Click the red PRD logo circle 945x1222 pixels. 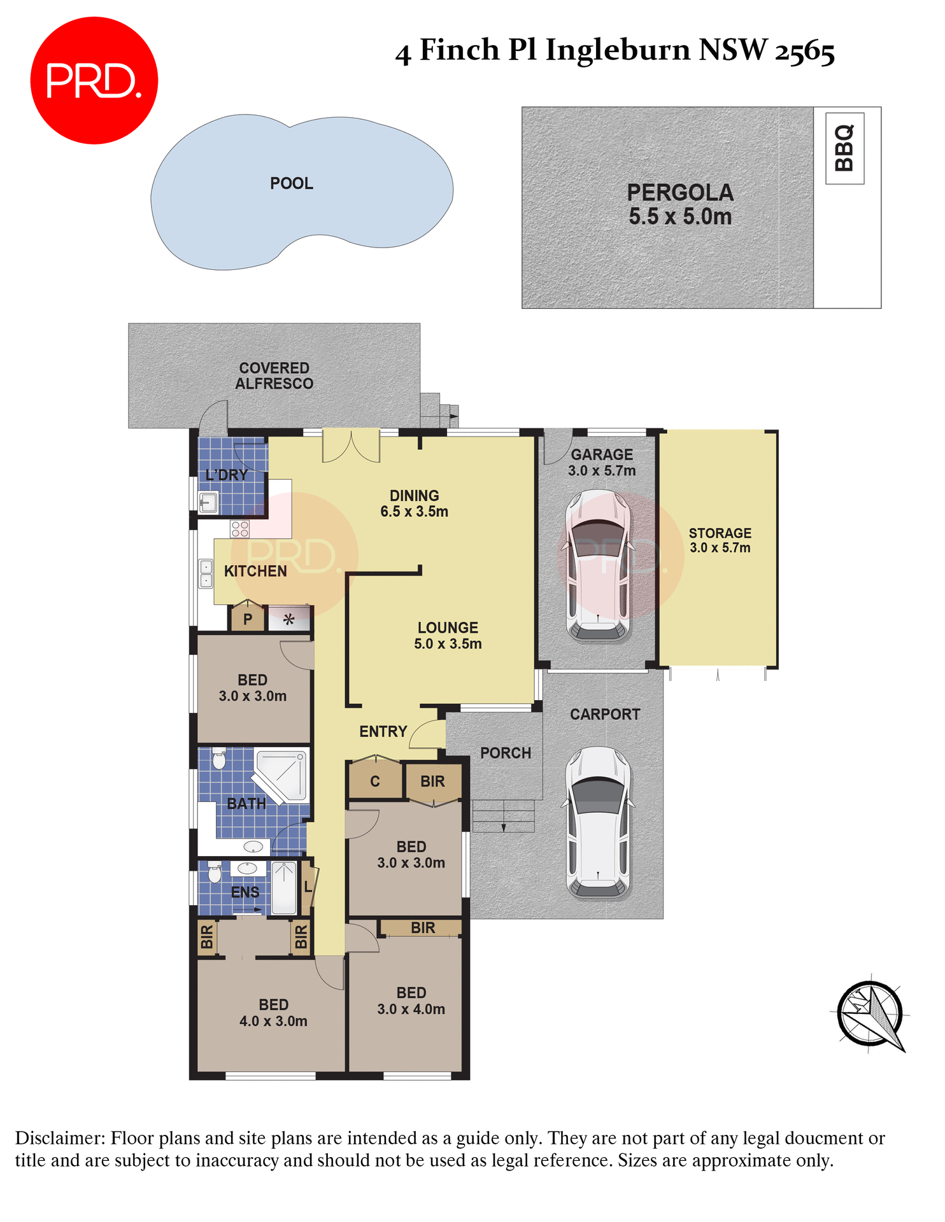click(94, 81)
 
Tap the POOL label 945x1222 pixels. click(291, 184)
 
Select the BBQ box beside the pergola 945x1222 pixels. click(844, 149)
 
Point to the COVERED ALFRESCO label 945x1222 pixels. click(274, 376)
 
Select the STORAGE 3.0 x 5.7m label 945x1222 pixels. click(720, 540)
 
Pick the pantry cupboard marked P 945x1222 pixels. click(248, 619)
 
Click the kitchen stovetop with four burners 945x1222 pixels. click(240, 529)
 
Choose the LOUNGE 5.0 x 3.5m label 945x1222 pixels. click(448, 635)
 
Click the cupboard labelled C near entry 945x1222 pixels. click(375, 782)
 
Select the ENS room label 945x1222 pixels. click(245, 892)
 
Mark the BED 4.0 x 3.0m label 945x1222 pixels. click(273, 1013)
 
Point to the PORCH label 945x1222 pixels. click(505, 754)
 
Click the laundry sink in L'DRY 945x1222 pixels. click(208, 503)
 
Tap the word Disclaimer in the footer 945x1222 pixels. click(60, 1138)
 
